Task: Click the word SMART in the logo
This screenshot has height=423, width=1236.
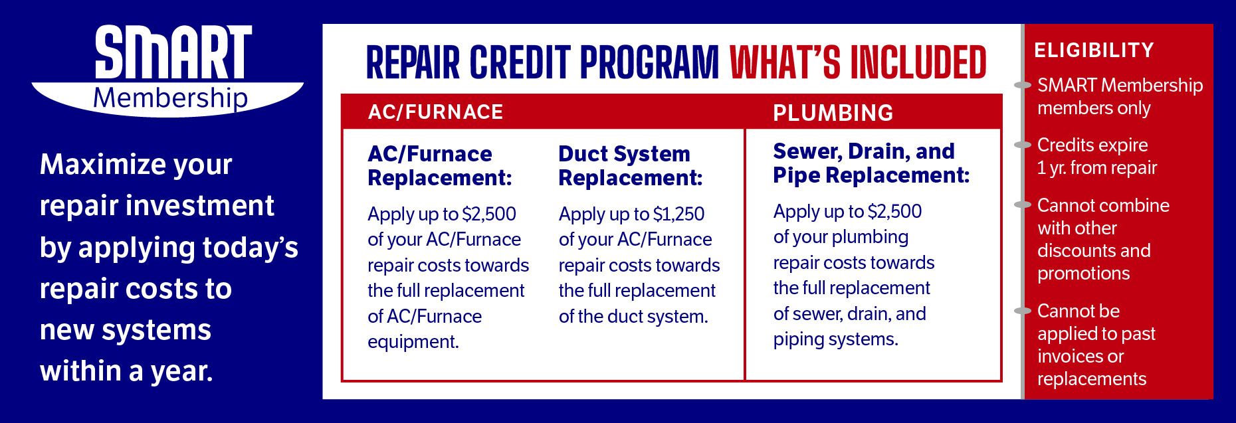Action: (173, 52)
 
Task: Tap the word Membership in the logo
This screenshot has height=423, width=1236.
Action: (170, 98)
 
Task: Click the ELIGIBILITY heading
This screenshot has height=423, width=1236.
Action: (1094, 50)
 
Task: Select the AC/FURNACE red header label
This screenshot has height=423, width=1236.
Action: (435, 112)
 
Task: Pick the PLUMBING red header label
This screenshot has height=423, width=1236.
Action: (833, 113)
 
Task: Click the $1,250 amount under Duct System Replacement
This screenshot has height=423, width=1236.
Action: (678, 214)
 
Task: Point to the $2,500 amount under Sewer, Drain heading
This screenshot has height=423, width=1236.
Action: (894, 211)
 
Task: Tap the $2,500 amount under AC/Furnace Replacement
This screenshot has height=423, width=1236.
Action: (489, 214)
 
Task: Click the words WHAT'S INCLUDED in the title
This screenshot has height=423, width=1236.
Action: (857, 62)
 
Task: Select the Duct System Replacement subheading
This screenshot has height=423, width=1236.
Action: (630, 166)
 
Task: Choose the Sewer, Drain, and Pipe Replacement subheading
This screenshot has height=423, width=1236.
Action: (871, 163)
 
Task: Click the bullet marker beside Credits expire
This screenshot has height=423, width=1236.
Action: (1023, 145)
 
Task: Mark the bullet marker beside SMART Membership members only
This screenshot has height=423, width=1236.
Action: (1023, 85)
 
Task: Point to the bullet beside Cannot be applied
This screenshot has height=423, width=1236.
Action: (1023, 311)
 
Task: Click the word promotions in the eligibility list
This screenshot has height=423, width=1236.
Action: (1083, 274)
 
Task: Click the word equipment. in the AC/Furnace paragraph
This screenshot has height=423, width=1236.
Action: (413, 342)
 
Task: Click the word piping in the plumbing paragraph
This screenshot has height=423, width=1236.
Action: (798, 340)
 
